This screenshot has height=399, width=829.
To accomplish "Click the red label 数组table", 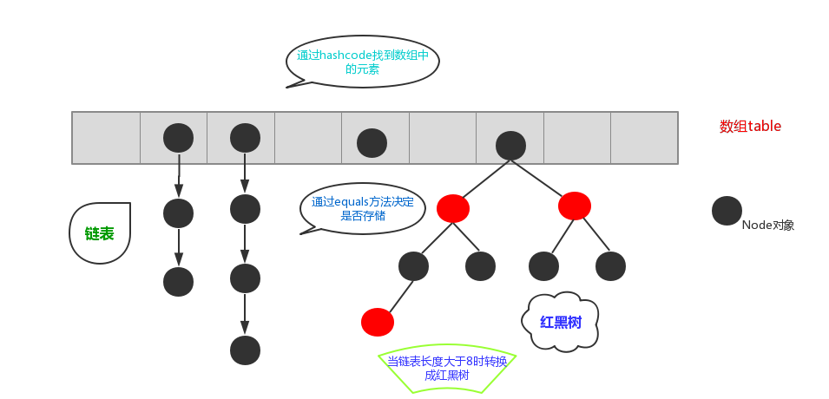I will point(750,126).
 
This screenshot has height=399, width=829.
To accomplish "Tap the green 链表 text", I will point(99,234).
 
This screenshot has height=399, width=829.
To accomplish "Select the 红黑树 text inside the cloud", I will point(561,322).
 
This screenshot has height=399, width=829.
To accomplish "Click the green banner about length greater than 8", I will point(447,369).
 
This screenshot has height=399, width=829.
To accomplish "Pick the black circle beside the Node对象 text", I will point(727,211).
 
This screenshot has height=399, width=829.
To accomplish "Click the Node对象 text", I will point(767,225).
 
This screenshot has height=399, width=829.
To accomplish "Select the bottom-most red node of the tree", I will point(377,322).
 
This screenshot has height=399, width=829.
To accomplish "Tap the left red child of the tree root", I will point(453,208).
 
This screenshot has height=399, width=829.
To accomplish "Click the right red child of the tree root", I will point(575,206).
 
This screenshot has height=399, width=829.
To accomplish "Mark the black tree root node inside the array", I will point(510,145).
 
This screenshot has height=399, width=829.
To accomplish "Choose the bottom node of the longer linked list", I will point(245,350).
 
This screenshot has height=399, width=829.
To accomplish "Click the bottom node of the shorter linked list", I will point(178,281).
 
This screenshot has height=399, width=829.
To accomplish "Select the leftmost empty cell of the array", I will point(106,138).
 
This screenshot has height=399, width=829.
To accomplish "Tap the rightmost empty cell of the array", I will point(644,138).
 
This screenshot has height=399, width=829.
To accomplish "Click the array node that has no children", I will point(372,142).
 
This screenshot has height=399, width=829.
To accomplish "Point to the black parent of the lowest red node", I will point(413,265).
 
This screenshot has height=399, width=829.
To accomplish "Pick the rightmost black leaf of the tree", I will point(610,265).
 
